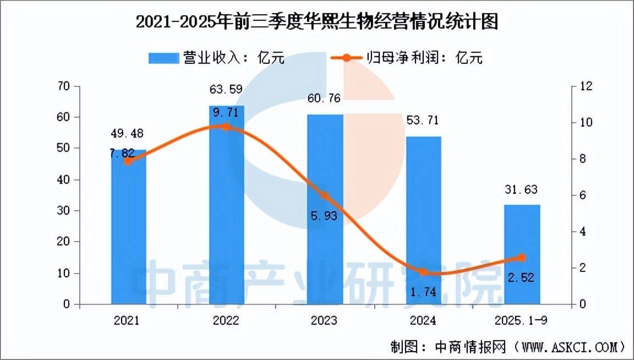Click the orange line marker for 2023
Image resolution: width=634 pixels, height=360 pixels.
click(x=325, y=196)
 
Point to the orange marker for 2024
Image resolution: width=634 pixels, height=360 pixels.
click(x=423, y=272)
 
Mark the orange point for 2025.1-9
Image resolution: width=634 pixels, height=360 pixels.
click(x=522, y=258)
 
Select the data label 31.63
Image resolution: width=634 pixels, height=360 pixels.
click(x=522, y=190)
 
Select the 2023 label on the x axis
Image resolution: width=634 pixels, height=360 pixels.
click(x=325, y=320)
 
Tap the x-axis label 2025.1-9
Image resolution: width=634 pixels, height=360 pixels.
click(x=522, y=320)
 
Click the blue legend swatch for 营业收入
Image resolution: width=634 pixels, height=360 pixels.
click(x=163, y=58)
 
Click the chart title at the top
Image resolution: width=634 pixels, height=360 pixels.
click(x=316, y=23)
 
